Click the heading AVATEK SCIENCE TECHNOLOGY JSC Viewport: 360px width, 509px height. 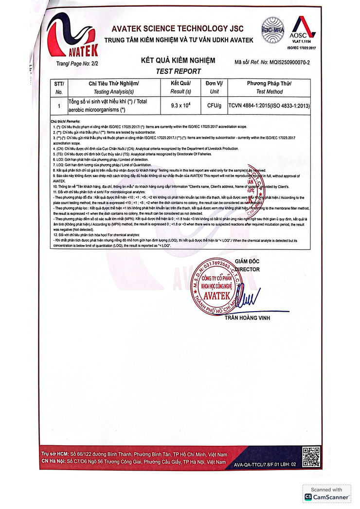click(177, 29)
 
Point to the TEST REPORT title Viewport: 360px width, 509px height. click(178, 71)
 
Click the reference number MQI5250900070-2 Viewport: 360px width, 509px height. click(286, 63)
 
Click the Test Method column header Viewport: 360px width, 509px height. click(269, 91)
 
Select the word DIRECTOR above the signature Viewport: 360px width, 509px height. click(247, 269)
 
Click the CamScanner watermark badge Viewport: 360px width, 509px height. click(327, 493)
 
